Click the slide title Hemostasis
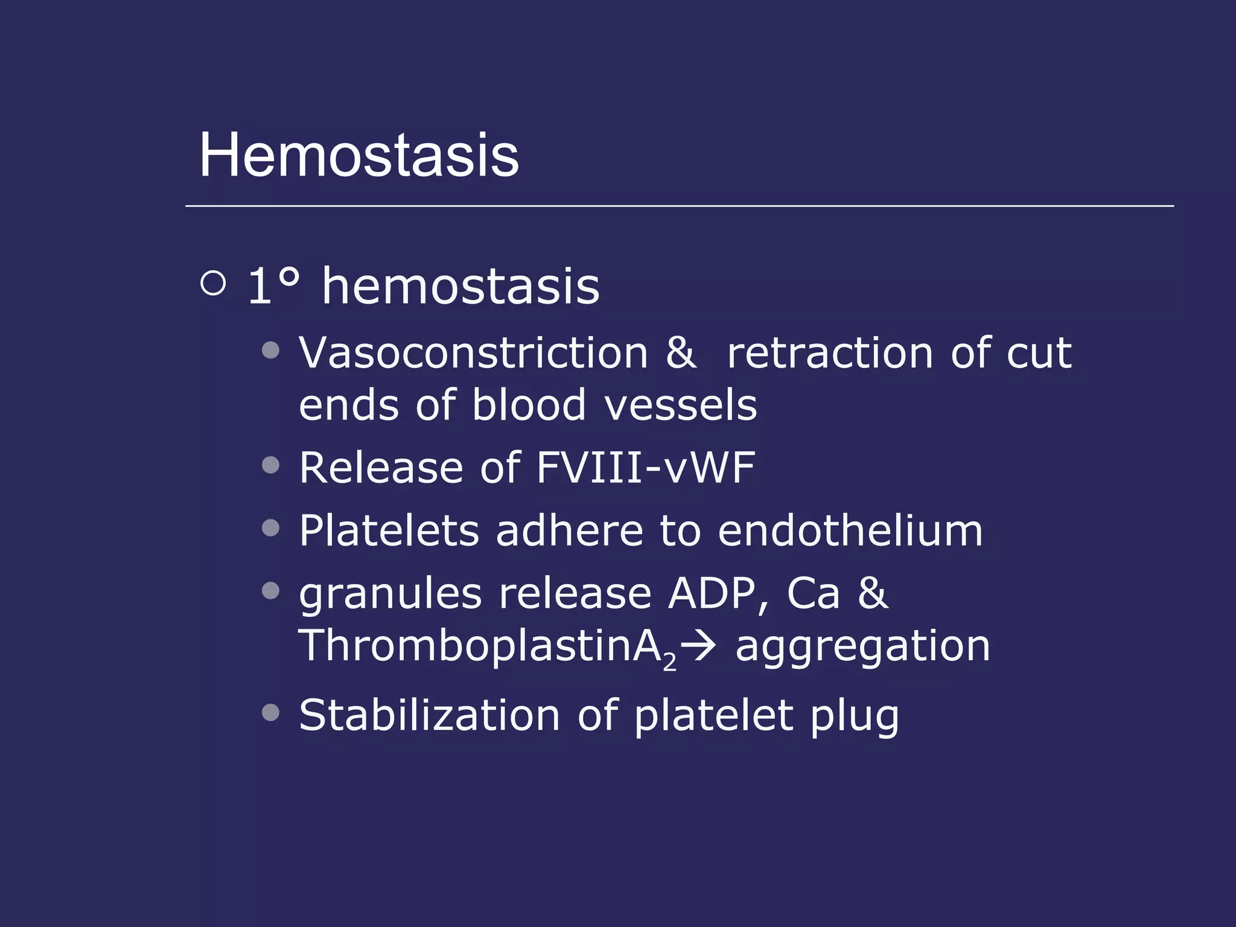(x=358, y=156)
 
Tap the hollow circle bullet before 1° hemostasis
(x=213, y=283)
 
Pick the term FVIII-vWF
(x=645, y=468)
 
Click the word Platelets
(x=389, y=531)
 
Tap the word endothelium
(x=850, y=531)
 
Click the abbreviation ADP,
(x=719, y=594)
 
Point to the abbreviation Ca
(x=813, y=594)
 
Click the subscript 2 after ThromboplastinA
(x=669, y=663)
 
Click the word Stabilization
(x=430, y=716)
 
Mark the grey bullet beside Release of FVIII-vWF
(x=271, y=465)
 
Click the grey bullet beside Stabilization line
(x=271, y=713)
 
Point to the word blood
(x=529, y=405)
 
